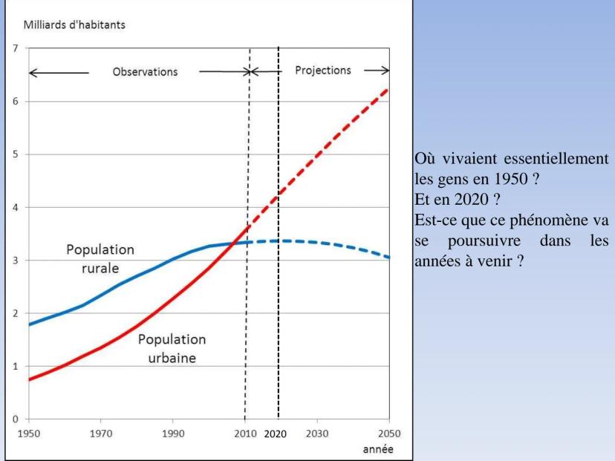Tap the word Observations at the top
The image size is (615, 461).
[x=145, y=72]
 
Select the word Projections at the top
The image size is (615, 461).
[x=323, y=71]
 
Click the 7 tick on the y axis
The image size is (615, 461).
[x=14, y=48]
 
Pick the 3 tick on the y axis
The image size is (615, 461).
[x=14, y=261]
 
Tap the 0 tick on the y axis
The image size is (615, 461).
[x=14, y=419]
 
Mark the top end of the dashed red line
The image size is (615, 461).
[x=388, y=89]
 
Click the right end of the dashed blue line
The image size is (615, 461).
[x=388, y=257]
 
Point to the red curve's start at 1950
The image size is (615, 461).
[x=29, y=379]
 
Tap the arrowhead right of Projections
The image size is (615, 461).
[x=385, y=71]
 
